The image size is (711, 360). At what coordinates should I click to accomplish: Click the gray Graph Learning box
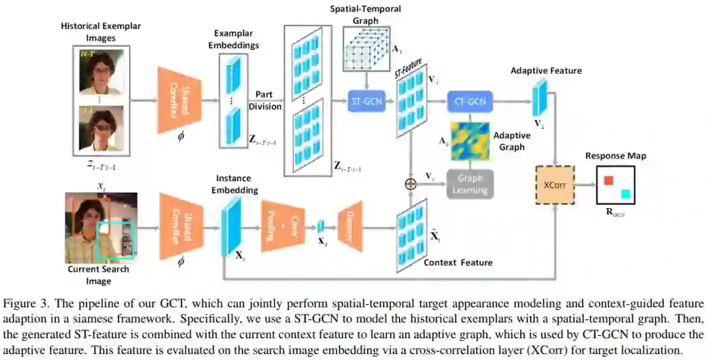470,184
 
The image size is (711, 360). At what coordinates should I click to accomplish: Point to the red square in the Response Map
609,180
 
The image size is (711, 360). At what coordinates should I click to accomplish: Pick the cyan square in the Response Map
625,194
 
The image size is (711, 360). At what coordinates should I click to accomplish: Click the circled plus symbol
411,184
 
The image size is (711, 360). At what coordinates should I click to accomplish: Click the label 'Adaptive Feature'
546,70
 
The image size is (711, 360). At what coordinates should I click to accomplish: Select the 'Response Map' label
615,156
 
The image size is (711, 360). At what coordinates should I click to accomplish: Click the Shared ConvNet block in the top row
180,101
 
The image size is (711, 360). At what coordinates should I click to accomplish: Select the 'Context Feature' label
458,263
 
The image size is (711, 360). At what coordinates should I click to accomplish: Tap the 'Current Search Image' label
98,275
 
